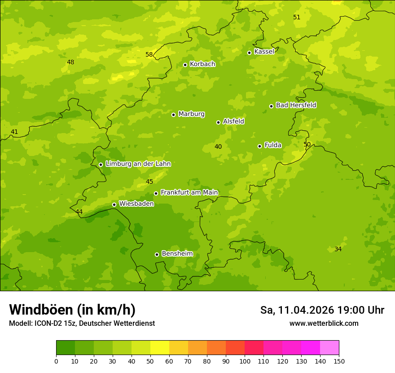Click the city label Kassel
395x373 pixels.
(264, 52)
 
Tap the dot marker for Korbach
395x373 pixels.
(185, 65)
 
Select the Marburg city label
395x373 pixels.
(191, 114)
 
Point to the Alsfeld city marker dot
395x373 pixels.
(218, 122)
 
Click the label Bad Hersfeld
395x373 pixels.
(296, 105)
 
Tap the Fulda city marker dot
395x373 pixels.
(259, 146)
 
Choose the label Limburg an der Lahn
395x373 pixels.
(138, 164)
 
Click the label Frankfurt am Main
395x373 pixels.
(189, 192)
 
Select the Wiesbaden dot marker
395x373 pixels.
(114, 204)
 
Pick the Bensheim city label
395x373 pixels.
(177, 253)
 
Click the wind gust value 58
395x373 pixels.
(149, 55)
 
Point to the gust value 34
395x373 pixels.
(338, 249)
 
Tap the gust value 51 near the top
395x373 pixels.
(297, 18)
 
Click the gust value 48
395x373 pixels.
(70, 62)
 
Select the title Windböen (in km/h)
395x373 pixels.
(72, 310)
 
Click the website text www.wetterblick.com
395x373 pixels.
(324, 324)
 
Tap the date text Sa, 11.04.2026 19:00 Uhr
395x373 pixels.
(322, 310)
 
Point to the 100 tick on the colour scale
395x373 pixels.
(245, 361)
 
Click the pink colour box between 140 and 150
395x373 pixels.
(329, 348)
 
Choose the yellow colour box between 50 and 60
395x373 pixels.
(160, 348)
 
